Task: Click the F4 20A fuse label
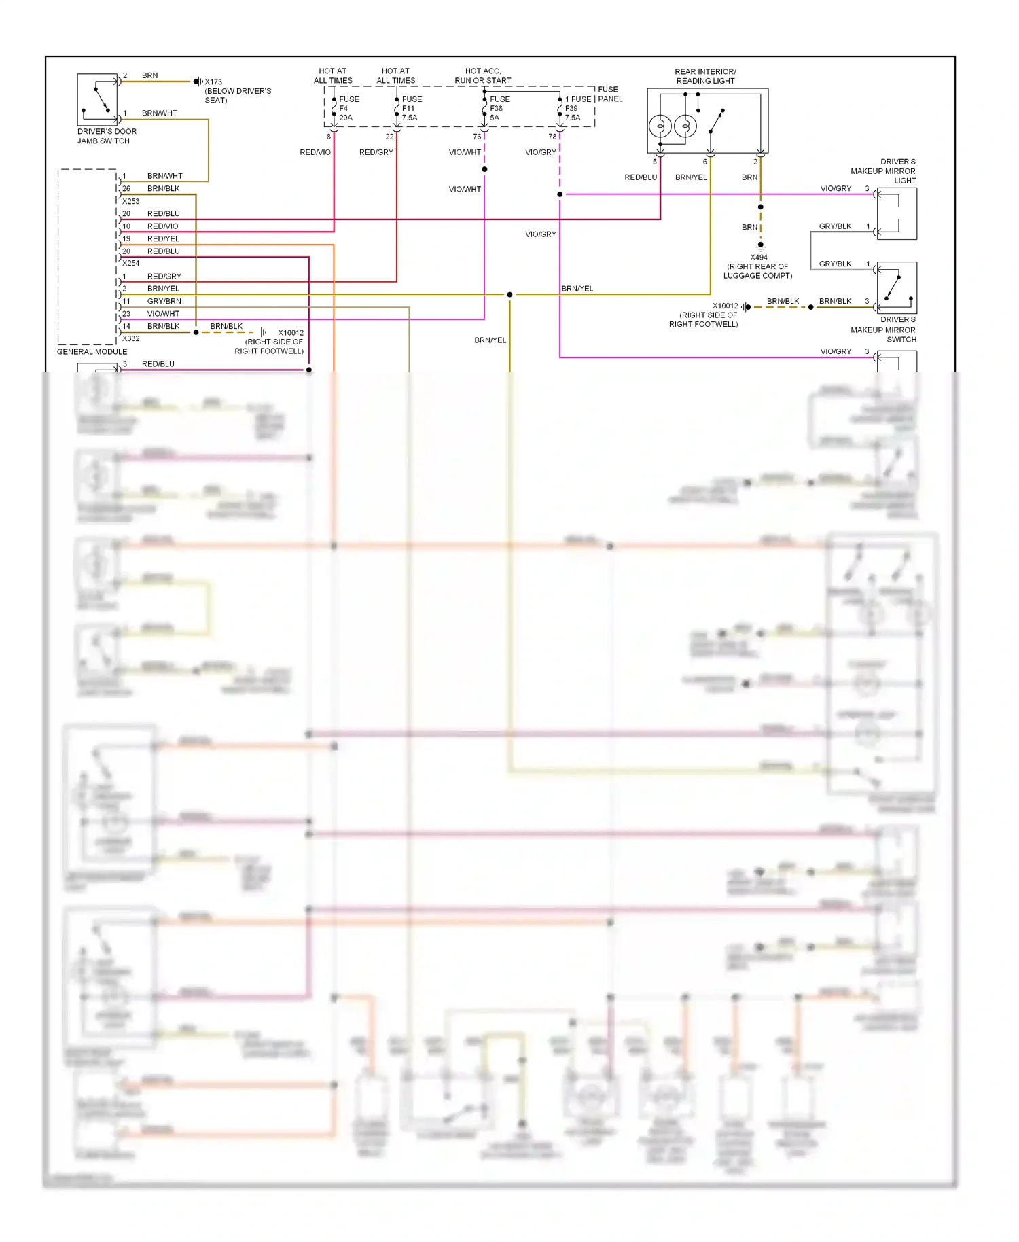(348, 108)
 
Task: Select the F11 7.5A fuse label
(411, 108)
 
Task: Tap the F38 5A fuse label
(499, 108)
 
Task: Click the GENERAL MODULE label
(92, 351)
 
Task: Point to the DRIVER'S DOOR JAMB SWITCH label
(107, 136)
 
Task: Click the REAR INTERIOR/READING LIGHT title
(705, 76)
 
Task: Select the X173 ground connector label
(213, 82)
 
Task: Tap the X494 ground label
(758, 258)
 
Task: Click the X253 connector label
(130, 201)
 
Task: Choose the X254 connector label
(130, 263)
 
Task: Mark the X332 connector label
(130, 338)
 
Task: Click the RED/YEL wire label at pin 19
(163, 238)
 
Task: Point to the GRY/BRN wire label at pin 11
(164, 301)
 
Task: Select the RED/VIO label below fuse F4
(315, 152)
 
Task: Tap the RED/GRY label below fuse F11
(376, 152)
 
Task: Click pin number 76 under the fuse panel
(477, 137)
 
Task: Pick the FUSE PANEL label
(609, 94)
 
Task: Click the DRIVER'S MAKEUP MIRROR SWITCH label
(883, 330)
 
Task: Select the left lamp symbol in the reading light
(660, 126)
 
